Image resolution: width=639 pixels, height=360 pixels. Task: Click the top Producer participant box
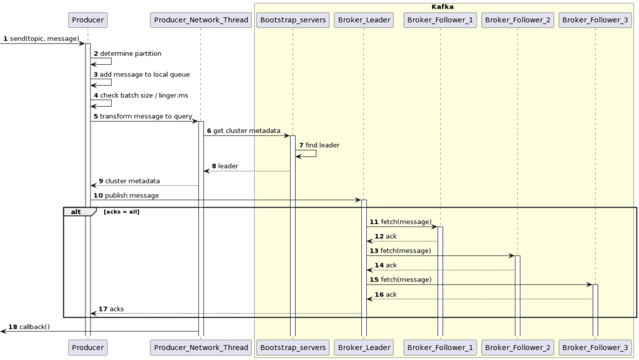coord(87,20)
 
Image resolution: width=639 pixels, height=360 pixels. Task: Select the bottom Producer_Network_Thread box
coord(200,348)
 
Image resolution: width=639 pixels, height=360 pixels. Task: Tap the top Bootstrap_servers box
coord(292,20)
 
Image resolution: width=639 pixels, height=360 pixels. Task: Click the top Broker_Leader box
coord(363,20)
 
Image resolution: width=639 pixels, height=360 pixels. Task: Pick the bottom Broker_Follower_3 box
coord(595,348)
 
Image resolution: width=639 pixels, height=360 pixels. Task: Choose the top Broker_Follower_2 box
coord(517,20)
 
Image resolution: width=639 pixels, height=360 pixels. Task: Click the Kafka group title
coord(443,6)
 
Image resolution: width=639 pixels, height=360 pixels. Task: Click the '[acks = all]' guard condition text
coord(122,212)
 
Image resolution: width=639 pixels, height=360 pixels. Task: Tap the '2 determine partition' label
coord(127,54)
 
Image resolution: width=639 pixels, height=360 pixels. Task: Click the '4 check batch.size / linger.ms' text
coord(140,95)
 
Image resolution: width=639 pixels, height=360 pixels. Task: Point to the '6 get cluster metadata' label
coord(243,130)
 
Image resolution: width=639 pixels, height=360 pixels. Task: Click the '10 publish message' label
coord(126,195)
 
